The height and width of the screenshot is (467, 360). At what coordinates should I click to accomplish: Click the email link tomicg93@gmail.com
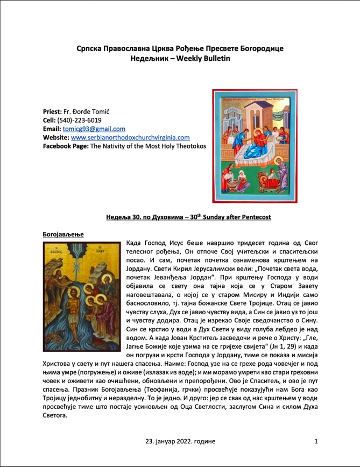click(x=94, y=129)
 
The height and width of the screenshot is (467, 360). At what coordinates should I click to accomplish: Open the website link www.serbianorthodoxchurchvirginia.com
click(x=130, y=138)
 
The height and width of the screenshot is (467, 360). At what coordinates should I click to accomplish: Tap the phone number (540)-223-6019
click(x=79, y=120)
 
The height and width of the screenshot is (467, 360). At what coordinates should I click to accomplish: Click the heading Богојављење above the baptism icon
click(x=63, y=234)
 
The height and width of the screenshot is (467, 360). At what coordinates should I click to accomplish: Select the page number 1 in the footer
click(x=316, y=441)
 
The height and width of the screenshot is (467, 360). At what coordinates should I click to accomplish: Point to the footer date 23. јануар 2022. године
click(x=180, y=441)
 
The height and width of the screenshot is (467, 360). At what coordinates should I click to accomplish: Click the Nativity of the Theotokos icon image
click(x=255, y=146)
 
